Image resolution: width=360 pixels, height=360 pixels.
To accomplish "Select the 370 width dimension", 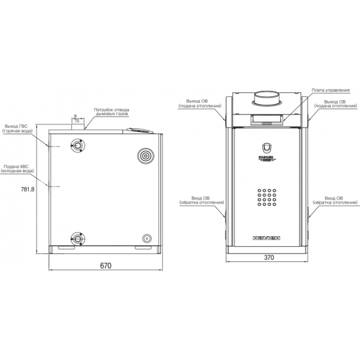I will click(x=268, y=258).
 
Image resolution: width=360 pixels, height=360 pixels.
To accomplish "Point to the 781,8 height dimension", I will click(x=27, y=189).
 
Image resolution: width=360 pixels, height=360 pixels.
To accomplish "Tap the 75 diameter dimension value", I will click(x=77, y=122).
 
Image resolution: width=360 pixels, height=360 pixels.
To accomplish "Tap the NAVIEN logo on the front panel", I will click(x=266, y=238).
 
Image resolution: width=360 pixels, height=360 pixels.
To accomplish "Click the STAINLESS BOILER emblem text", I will click(x=266, y=160).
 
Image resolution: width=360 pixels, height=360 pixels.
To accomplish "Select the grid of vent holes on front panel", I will click(x=266, y=198).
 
